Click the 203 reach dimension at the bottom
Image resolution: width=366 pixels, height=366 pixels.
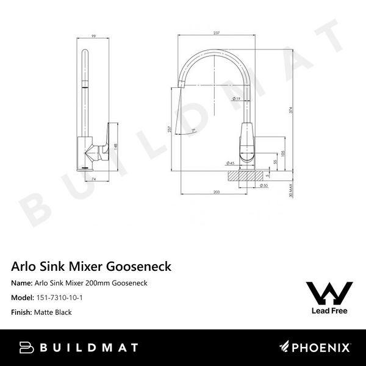point(217,192)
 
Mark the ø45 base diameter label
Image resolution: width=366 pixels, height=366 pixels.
point(232,163)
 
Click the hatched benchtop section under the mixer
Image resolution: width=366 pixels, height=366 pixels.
point(247,174)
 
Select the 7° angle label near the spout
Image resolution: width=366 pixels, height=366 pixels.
point(193,131)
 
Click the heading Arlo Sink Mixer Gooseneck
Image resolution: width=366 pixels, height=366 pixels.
point(91,267)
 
